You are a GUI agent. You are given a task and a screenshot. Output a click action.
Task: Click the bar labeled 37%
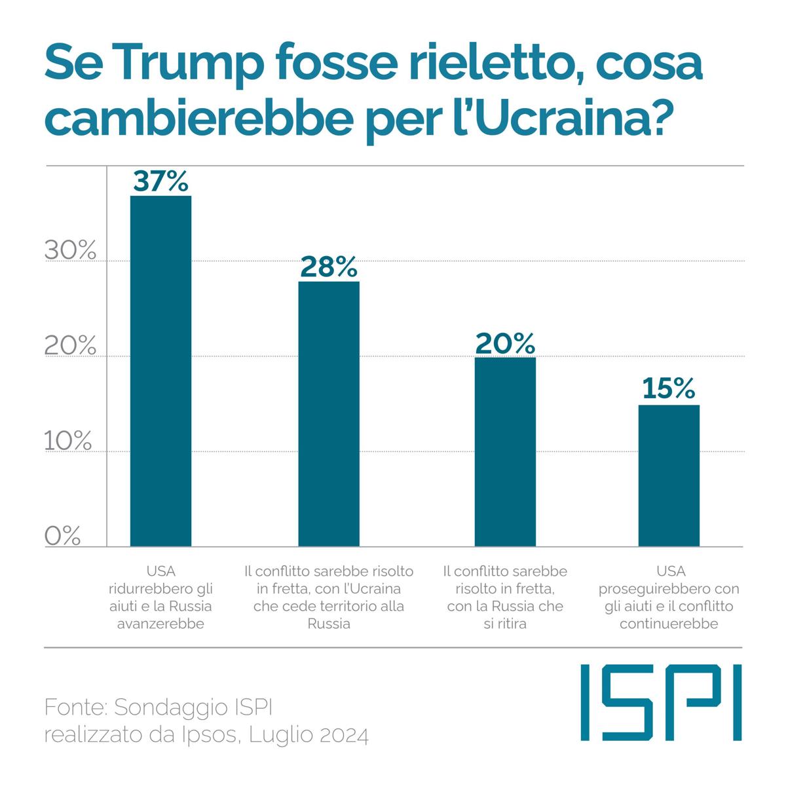[161, 371]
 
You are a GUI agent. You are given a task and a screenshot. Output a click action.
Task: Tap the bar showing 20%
[505, 452]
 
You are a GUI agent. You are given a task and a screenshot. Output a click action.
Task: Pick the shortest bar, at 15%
[669, 476]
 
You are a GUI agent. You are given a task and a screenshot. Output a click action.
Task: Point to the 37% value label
[161, 180]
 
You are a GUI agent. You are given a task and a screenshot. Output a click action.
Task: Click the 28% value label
[329, 267]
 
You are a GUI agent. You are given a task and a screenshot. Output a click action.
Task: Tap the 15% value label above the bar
[668, 389]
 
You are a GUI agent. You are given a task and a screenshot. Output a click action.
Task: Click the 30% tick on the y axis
[70, 250]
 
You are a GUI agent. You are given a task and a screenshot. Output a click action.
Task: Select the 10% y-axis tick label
[68, 441]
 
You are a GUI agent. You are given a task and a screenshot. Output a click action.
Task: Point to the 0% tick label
[63, 536]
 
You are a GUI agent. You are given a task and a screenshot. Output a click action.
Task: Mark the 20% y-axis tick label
[70, 346]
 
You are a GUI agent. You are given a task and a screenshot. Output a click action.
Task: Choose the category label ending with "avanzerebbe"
[161, 597]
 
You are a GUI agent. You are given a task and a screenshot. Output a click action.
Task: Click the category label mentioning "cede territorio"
[329, 597]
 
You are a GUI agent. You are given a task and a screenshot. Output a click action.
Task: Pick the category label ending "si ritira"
[505, 597]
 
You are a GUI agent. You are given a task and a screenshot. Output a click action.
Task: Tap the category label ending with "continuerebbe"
[669, 597]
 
